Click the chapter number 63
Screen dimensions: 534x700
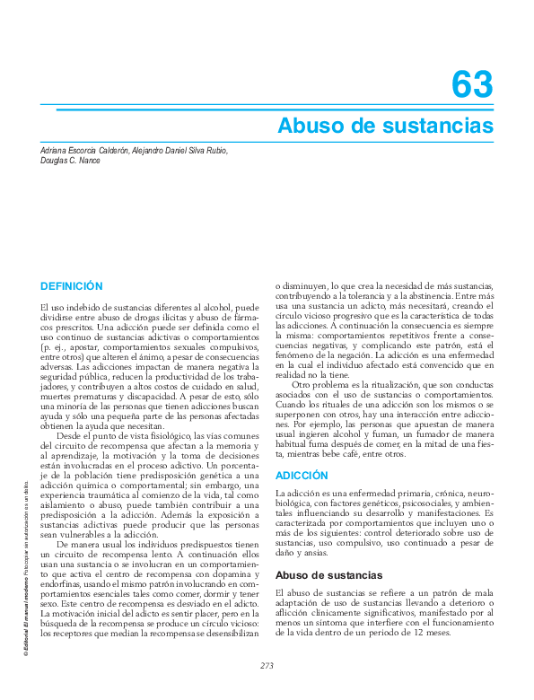pyautogui.click(x=472, y=86)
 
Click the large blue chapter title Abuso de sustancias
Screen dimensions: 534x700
pyautogui.click(x=385, y=124)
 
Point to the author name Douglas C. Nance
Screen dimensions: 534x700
pyautogui.click(x=71, y=161)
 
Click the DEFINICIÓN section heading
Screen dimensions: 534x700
pyautogui.click(x=72, y=286)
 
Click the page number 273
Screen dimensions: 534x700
pyautogui.click(x=267, y=665)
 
